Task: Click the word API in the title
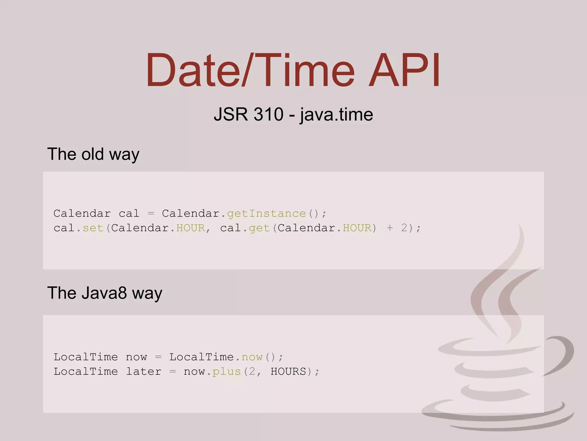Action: click(x=404, y=70)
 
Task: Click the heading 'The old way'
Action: click(x=93, y=154)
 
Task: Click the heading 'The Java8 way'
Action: click(x=105, y=293)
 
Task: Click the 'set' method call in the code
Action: click(x=93, y=228)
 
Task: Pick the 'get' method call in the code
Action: click(x=259, y=228)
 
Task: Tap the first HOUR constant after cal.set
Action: click(x=191, y=228)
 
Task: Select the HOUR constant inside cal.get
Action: click(x=357, y=228)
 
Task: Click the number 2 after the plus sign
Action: click(x=404, y=228)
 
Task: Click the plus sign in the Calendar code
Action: click(x=390, y=228)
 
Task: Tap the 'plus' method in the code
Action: click(x=227, y=372)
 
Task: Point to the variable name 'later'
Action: click(x=144, y=372)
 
